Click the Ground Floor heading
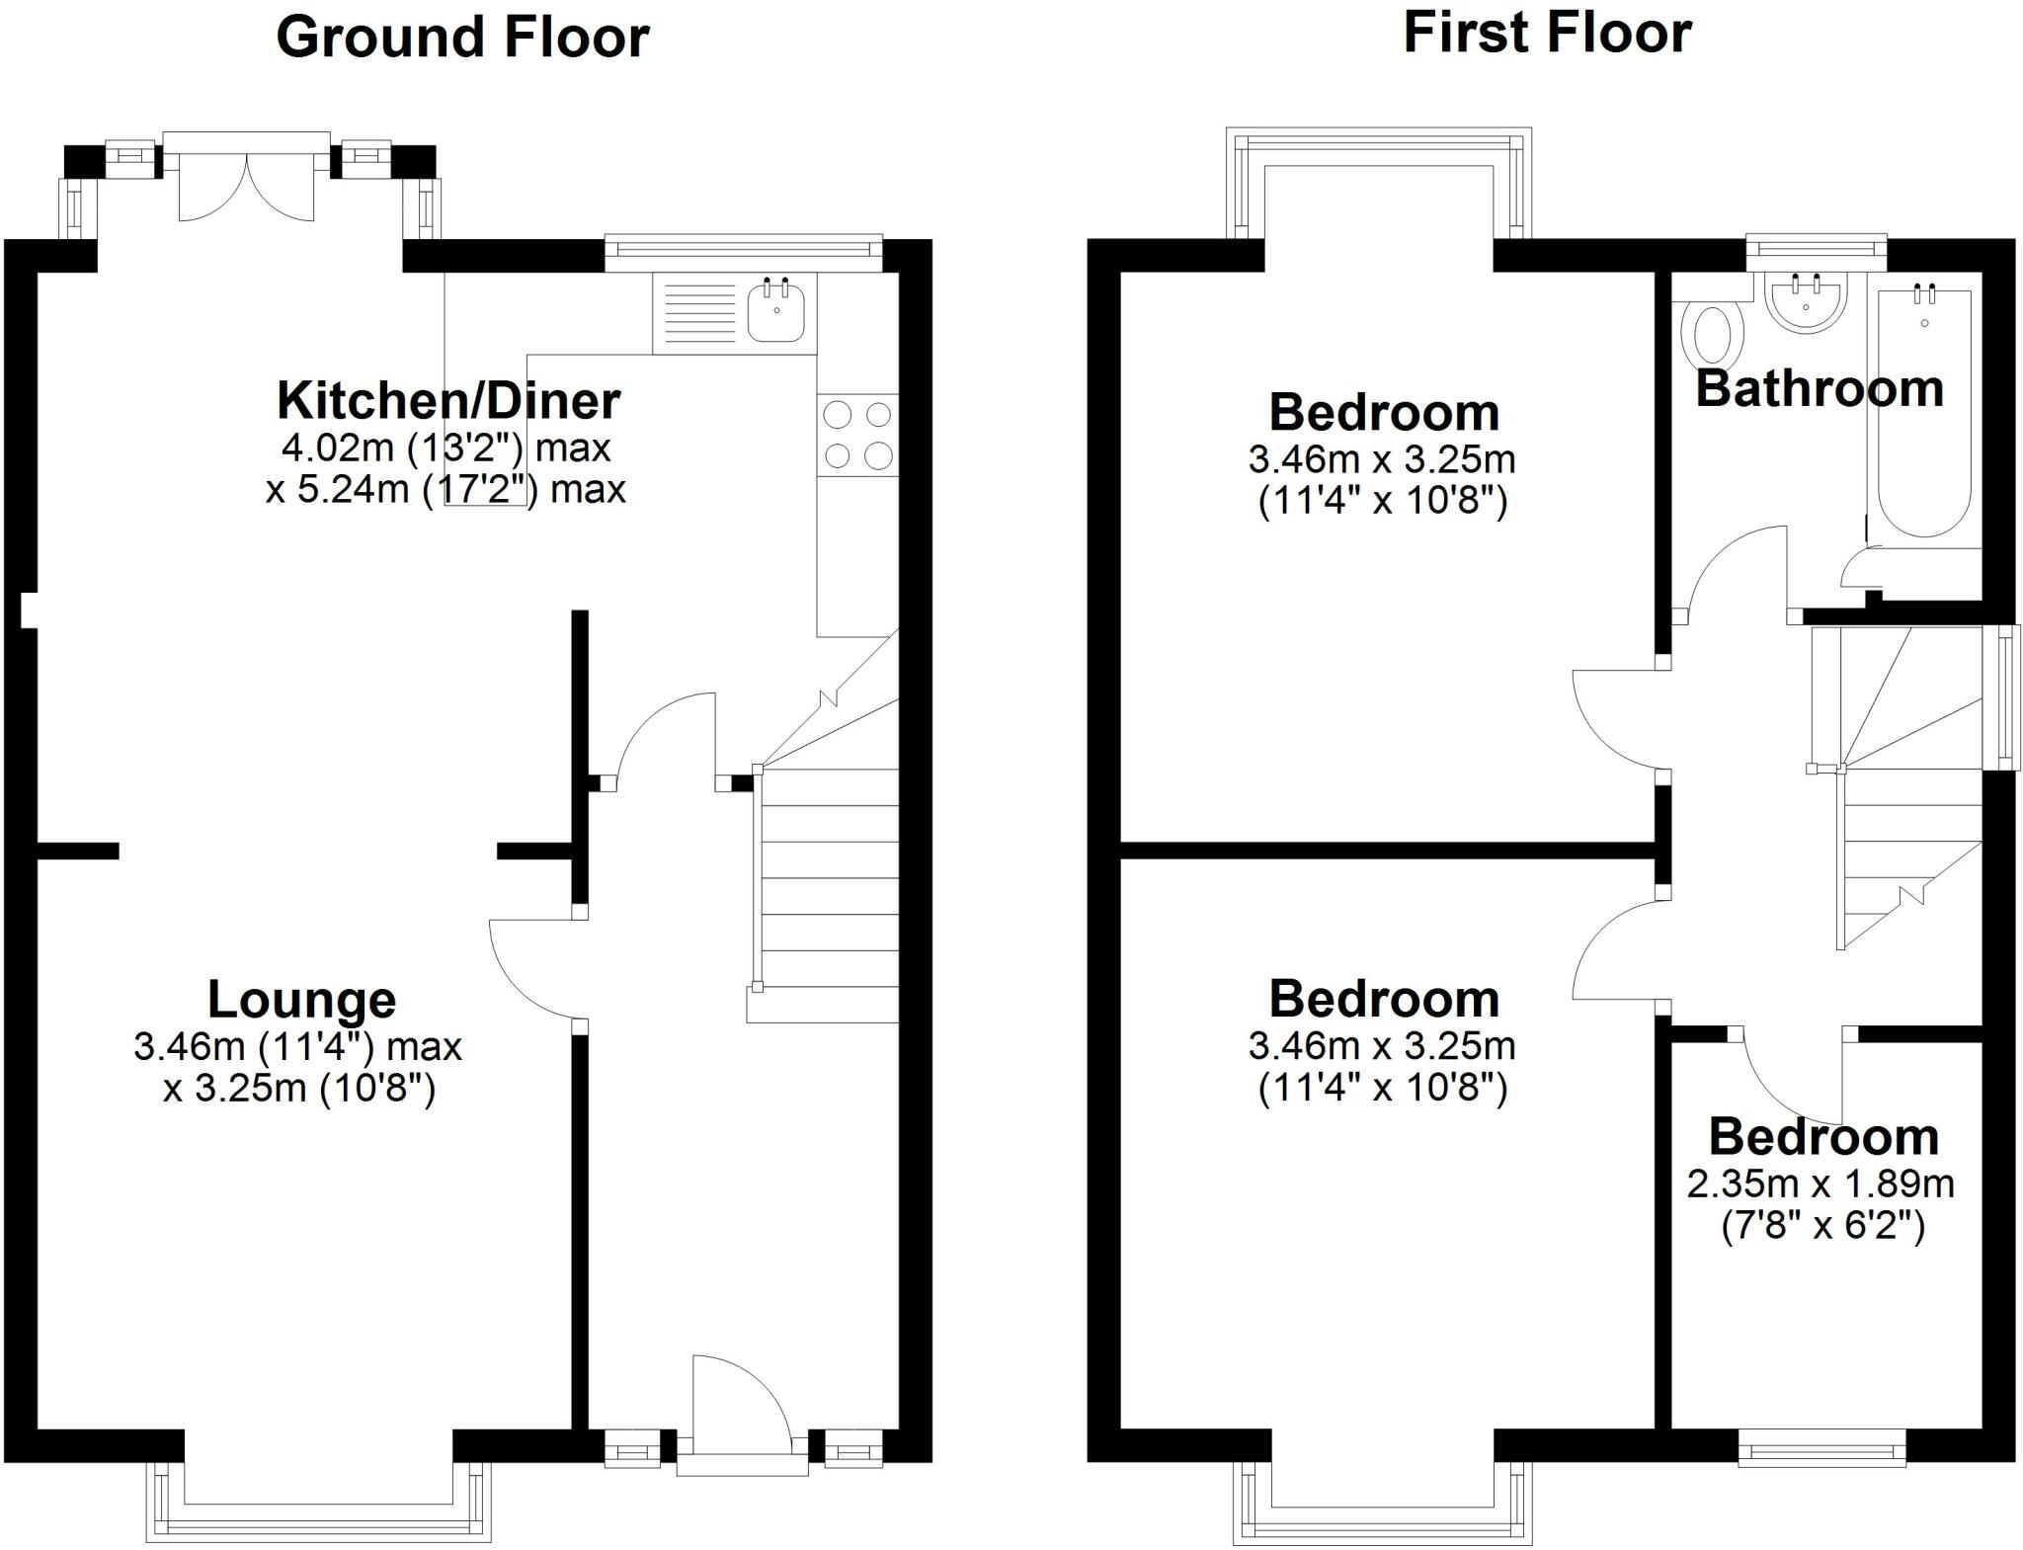462,38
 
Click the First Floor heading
1547,33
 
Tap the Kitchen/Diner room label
448,400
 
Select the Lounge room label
301,999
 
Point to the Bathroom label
1820,388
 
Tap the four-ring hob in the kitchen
857,435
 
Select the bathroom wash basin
1806,302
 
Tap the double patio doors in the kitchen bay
247,188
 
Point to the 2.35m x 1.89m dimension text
1821,1183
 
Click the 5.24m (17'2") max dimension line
445,489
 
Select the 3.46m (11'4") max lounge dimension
297,1046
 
